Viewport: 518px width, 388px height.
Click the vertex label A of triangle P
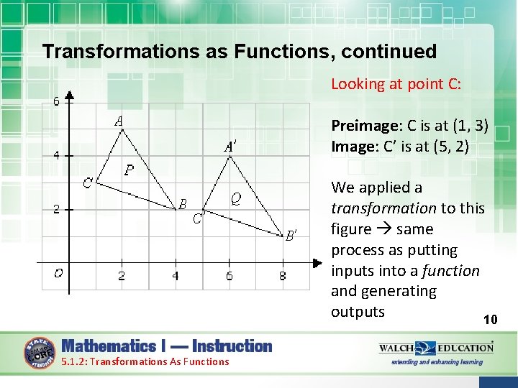(118, 121)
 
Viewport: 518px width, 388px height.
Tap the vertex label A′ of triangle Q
(231, 147)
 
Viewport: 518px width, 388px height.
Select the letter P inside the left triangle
(129, 170)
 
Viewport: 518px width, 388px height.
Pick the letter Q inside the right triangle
(235, 197)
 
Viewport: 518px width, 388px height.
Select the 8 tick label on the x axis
(283, 275)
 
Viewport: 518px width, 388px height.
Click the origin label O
(58, 273)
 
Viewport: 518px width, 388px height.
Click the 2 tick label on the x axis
(122, 275)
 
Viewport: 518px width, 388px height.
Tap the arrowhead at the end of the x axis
(316, 263)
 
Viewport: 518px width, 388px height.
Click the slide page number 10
(490, 320)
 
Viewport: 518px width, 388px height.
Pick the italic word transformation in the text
(383, 208)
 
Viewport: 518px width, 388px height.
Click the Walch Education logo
(436, 351)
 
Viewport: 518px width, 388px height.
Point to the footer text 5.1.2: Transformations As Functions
(145, 361)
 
